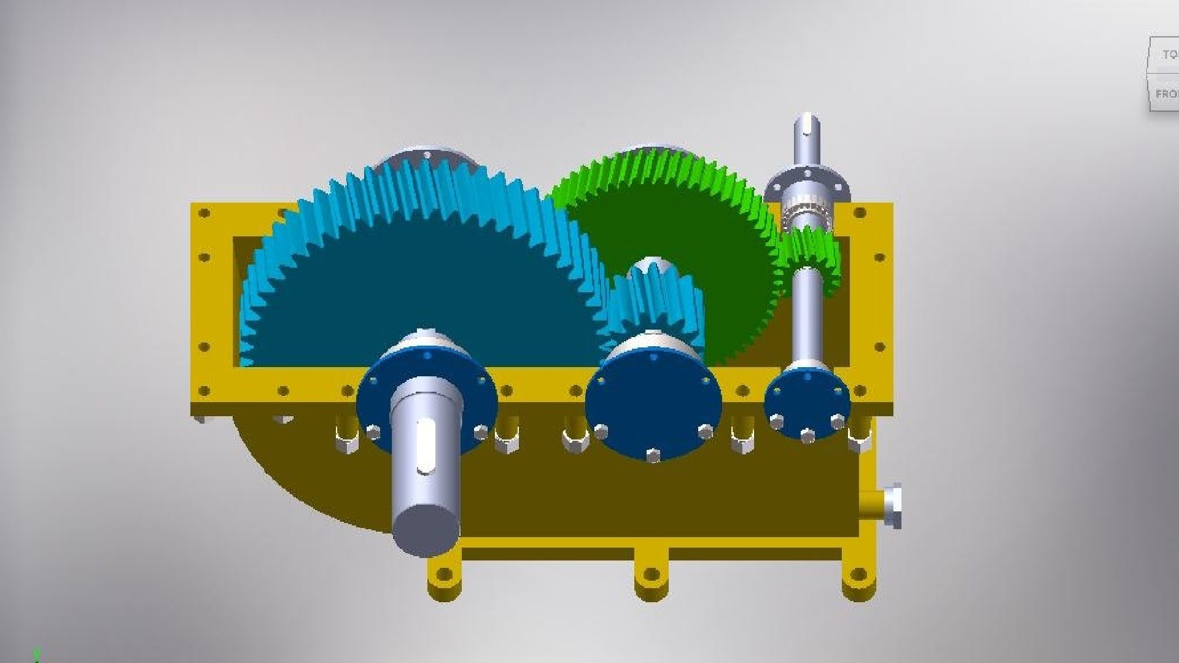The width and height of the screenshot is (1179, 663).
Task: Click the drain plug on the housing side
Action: tap(887, 505)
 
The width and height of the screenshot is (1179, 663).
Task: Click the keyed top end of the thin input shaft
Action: tap(806, 132)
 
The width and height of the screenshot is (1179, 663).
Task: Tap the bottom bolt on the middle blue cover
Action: tap(653, 455)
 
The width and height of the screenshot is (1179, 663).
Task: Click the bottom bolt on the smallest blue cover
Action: tap(807, 435)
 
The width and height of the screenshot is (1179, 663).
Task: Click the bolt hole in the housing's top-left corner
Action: tap(204, 213)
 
